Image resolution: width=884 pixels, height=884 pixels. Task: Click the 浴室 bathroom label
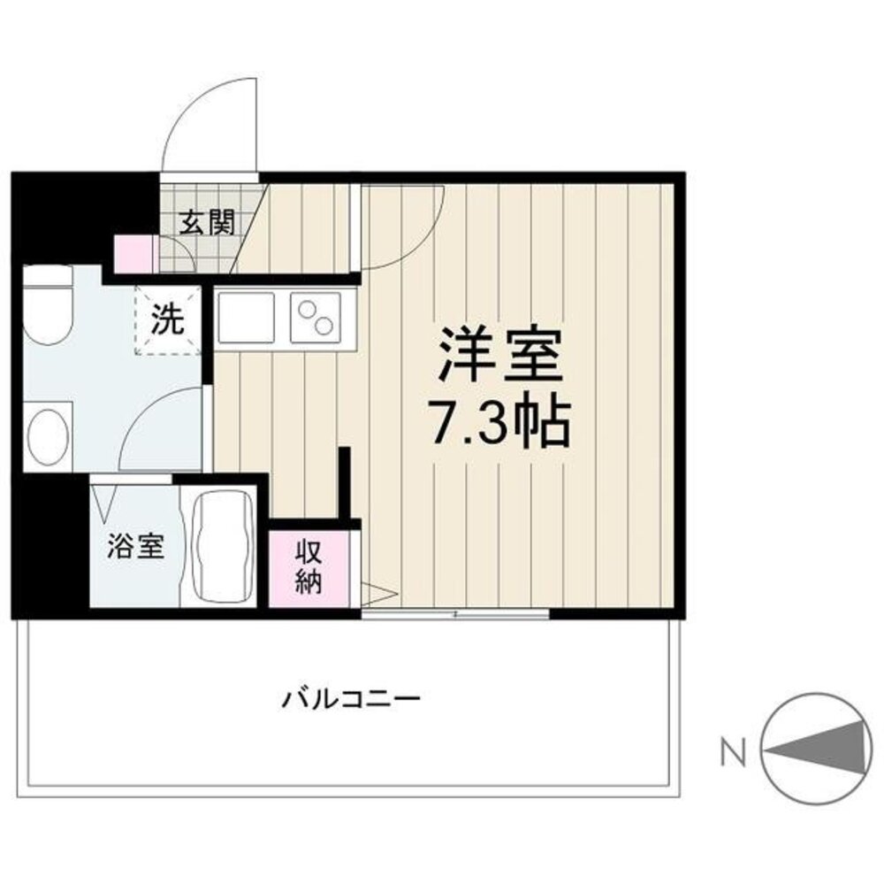[135, 546]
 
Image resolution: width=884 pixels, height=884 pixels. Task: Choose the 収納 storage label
[308, 568]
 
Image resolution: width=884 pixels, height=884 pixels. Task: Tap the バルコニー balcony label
[351, 699]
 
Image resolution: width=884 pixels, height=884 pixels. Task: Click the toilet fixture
[48, 305]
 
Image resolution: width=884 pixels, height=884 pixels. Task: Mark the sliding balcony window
[455, 612]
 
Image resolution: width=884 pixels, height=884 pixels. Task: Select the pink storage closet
[308, 569]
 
